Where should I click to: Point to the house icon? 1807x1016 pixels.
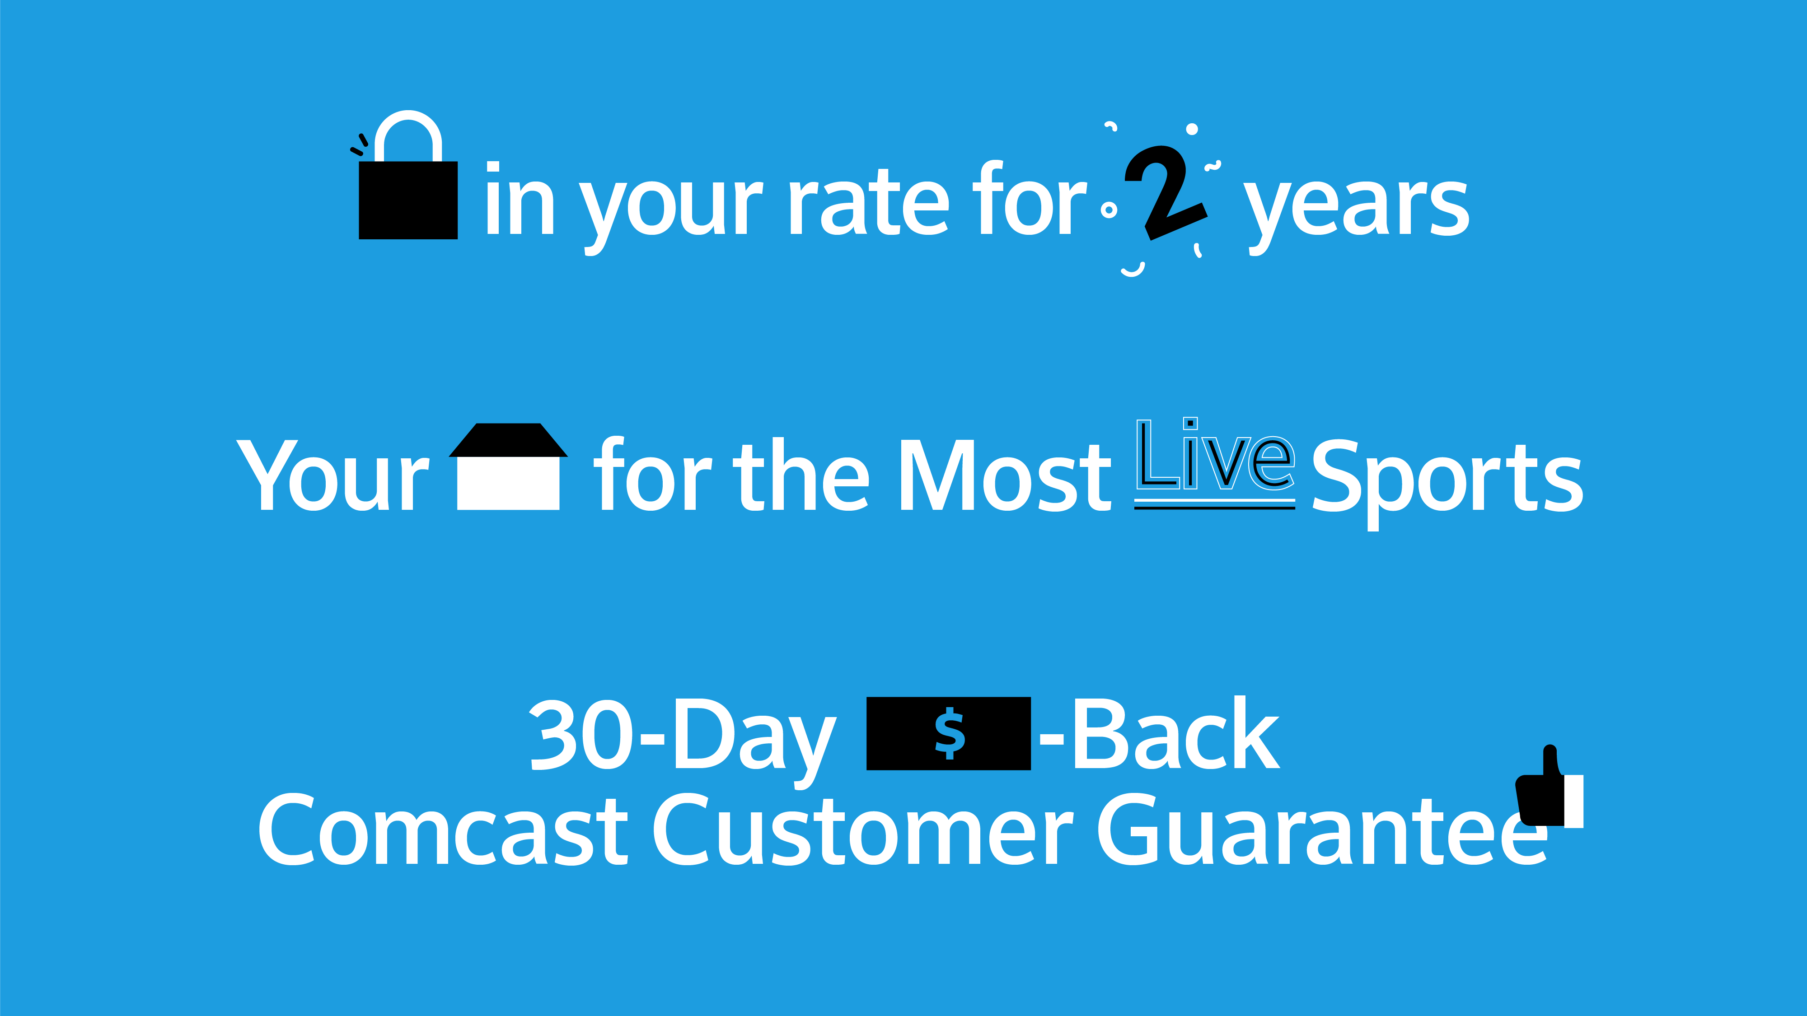click(508, 466)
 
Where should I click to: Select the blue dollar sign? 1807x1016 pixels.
click(950, 733)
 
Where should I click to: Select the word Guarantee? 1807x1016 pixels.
click(1322, 830)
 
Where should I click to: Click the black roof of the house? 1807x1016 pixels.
click(508, 440)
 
